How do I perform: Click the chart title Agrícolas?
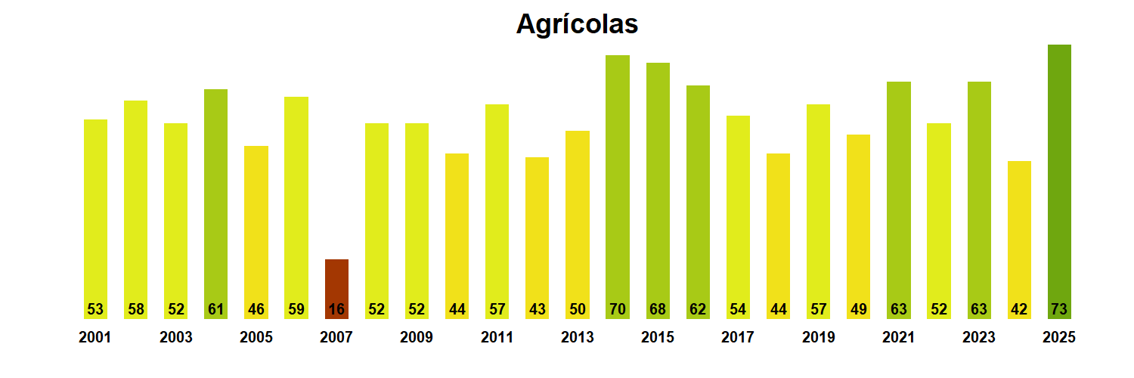click(x=577, y=24)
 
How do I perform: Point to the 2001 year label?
click(x=94, y=338)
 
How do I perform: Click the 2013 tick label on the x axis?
click(x=577, y=338)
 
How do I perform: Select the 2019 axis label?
click(x=818, y=338)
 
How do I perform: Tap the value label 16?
click(x=336, y=309)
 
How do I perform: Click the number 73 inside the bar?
click(x=1059, y=309)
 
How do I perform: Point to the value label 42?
click(x=1019, y=309)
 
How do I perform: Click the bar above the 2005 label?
click(x=256, y=227)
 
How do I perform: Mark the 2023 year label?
click(x=979, y=338)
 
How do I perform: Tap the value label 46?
click(x=256, y=309)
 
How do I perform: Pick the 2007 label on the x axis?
click(x=336, y=338)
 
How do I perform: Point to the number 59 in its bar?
click(x=296, y=309)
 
